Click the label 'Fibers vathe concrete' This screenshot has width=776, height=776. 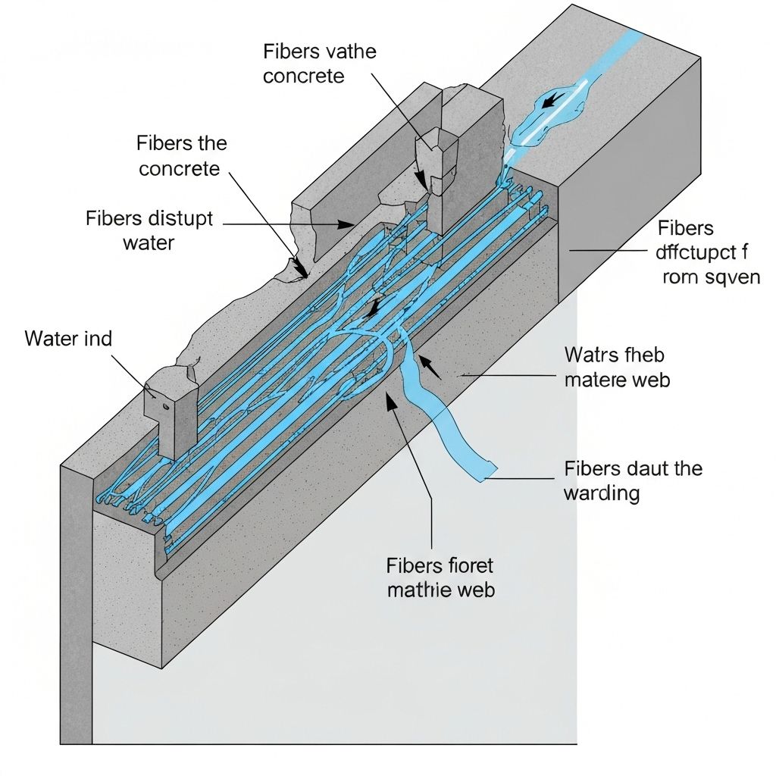319,64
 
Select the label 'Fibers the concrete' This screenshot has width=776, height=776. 182,155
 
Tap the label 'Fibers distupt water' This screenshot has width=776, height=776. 150,231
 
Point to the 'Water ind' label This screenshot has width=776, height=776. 68,338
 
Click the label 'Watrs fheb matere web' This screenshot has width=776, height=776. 618,366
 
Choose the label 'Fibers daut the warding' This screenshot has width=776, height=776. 633,480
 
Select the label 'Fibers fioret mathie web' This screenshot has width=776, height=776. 440,577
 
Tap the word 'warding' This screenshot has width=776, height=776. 602,494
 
